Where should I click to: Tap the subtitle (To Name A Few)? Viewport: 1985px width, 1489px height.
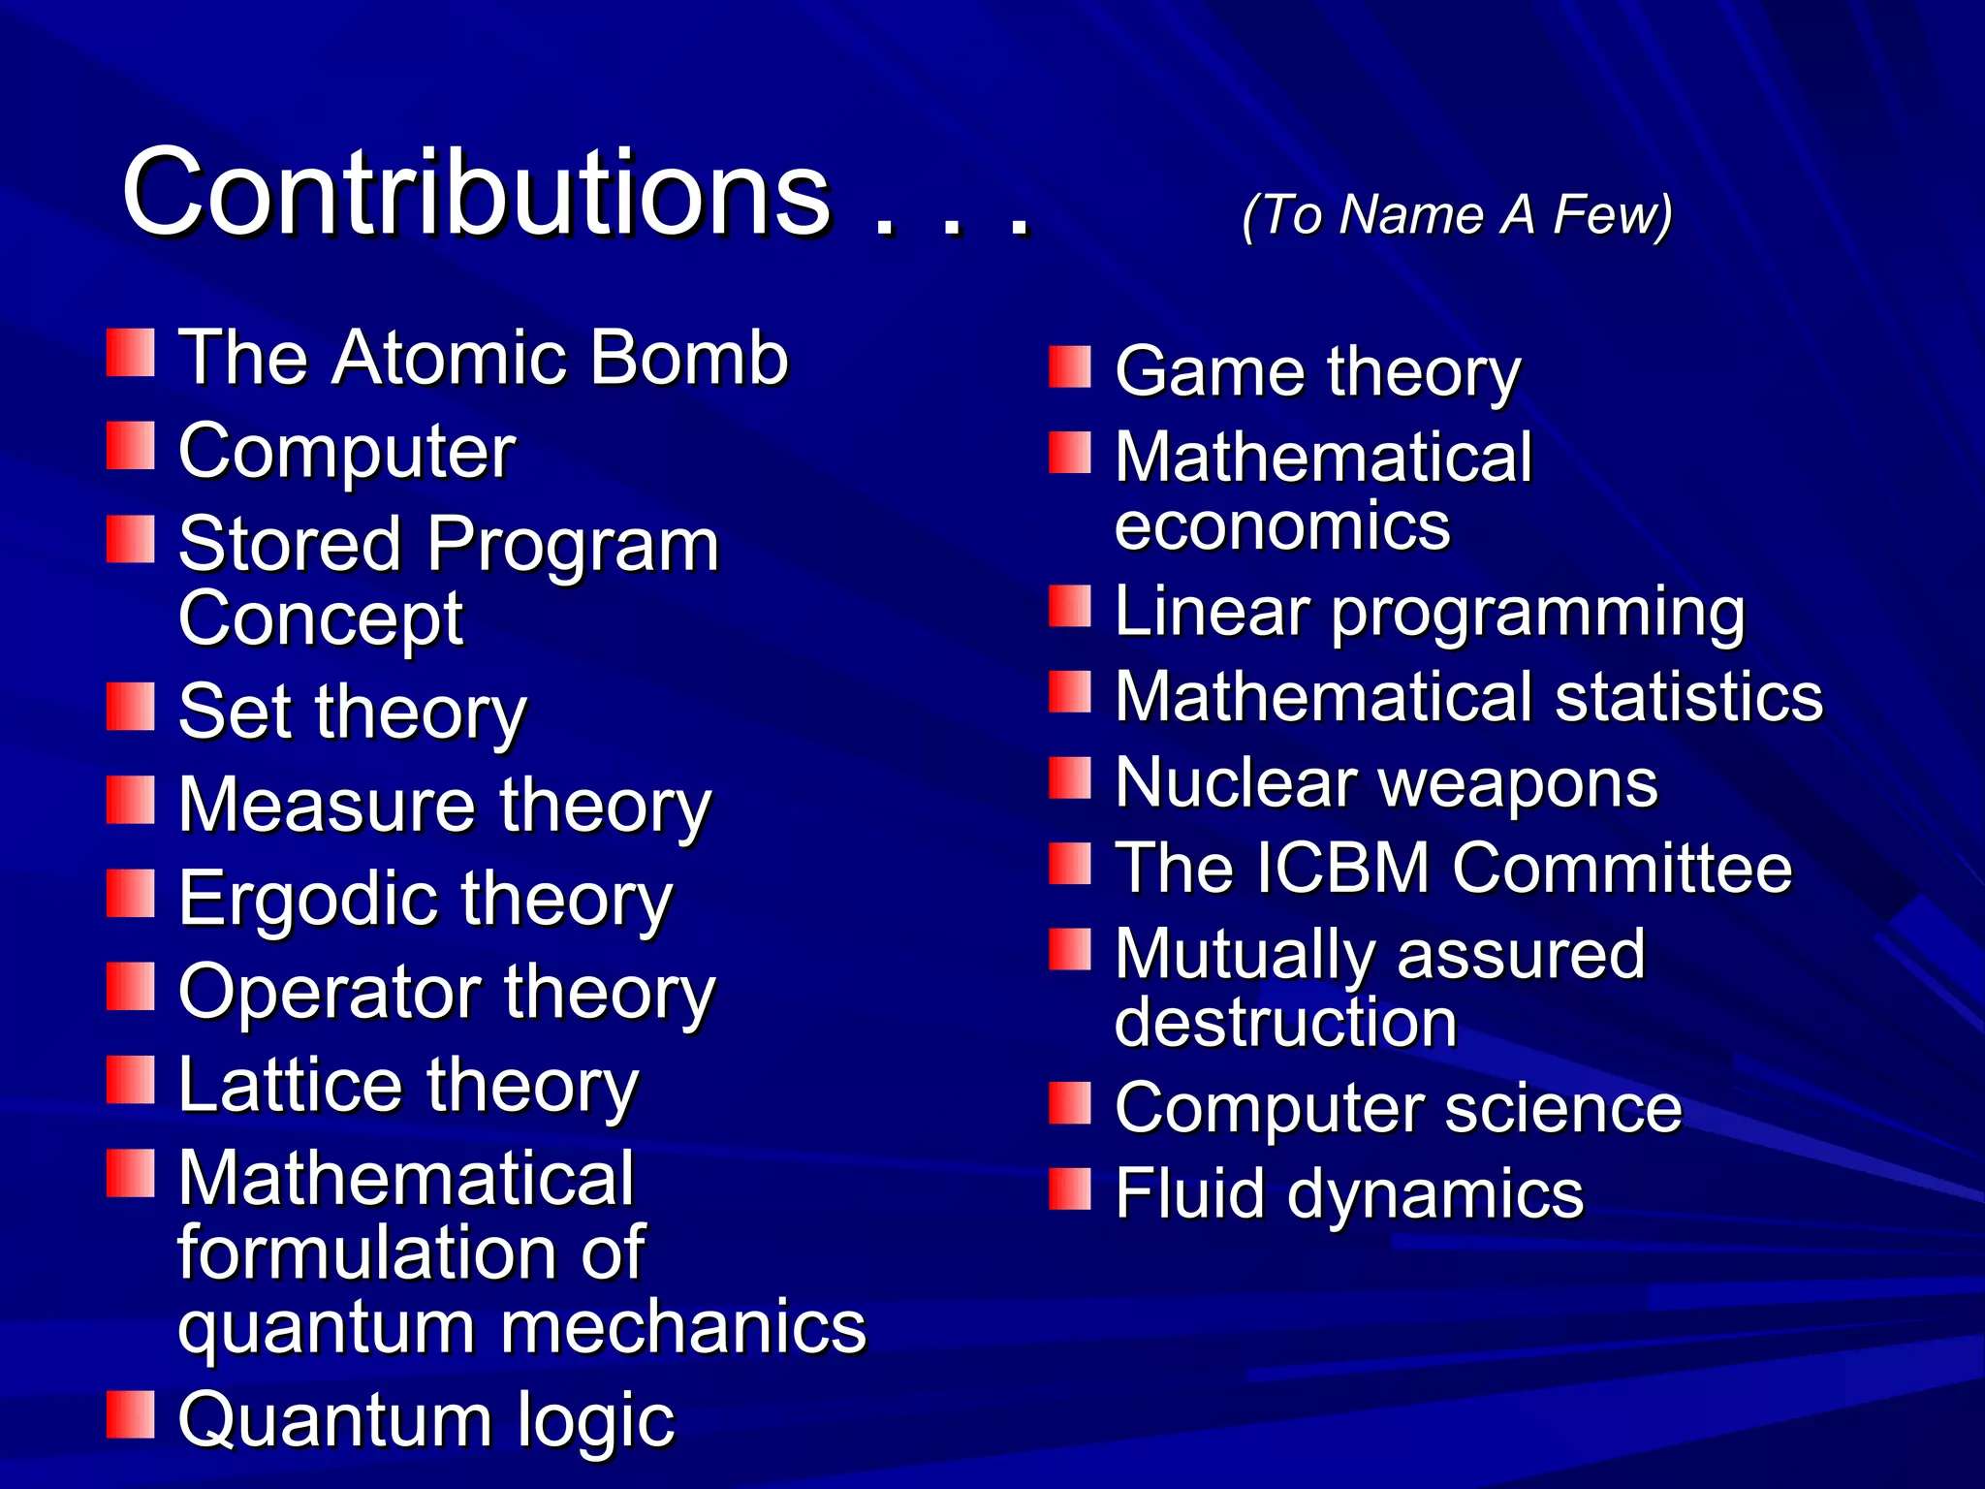point(1457,214)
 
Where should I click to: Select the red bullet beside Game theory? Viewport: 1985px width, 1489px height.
point(1070,367)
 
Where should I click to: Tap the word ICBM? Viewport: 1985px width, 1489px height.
point(1341,868)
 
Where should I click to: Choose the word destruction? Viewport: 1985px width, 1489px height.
point(1285,1023)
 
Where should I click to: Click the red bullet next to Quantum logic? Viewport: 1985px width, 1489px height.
point(131,1414)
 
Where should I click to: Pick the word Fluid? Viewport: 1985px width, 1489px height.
point(1189,1193)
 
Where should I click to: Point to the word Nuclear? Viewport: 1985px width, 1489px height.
point(1236,782)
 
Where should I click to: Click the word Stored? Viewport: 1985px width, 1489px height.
point(290,545)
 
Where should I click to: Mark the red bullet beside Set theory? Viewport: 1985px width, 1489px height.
point(131,707)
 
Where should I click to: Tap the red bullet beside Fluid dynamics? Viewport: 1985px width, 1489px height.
point(1070,1189)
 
